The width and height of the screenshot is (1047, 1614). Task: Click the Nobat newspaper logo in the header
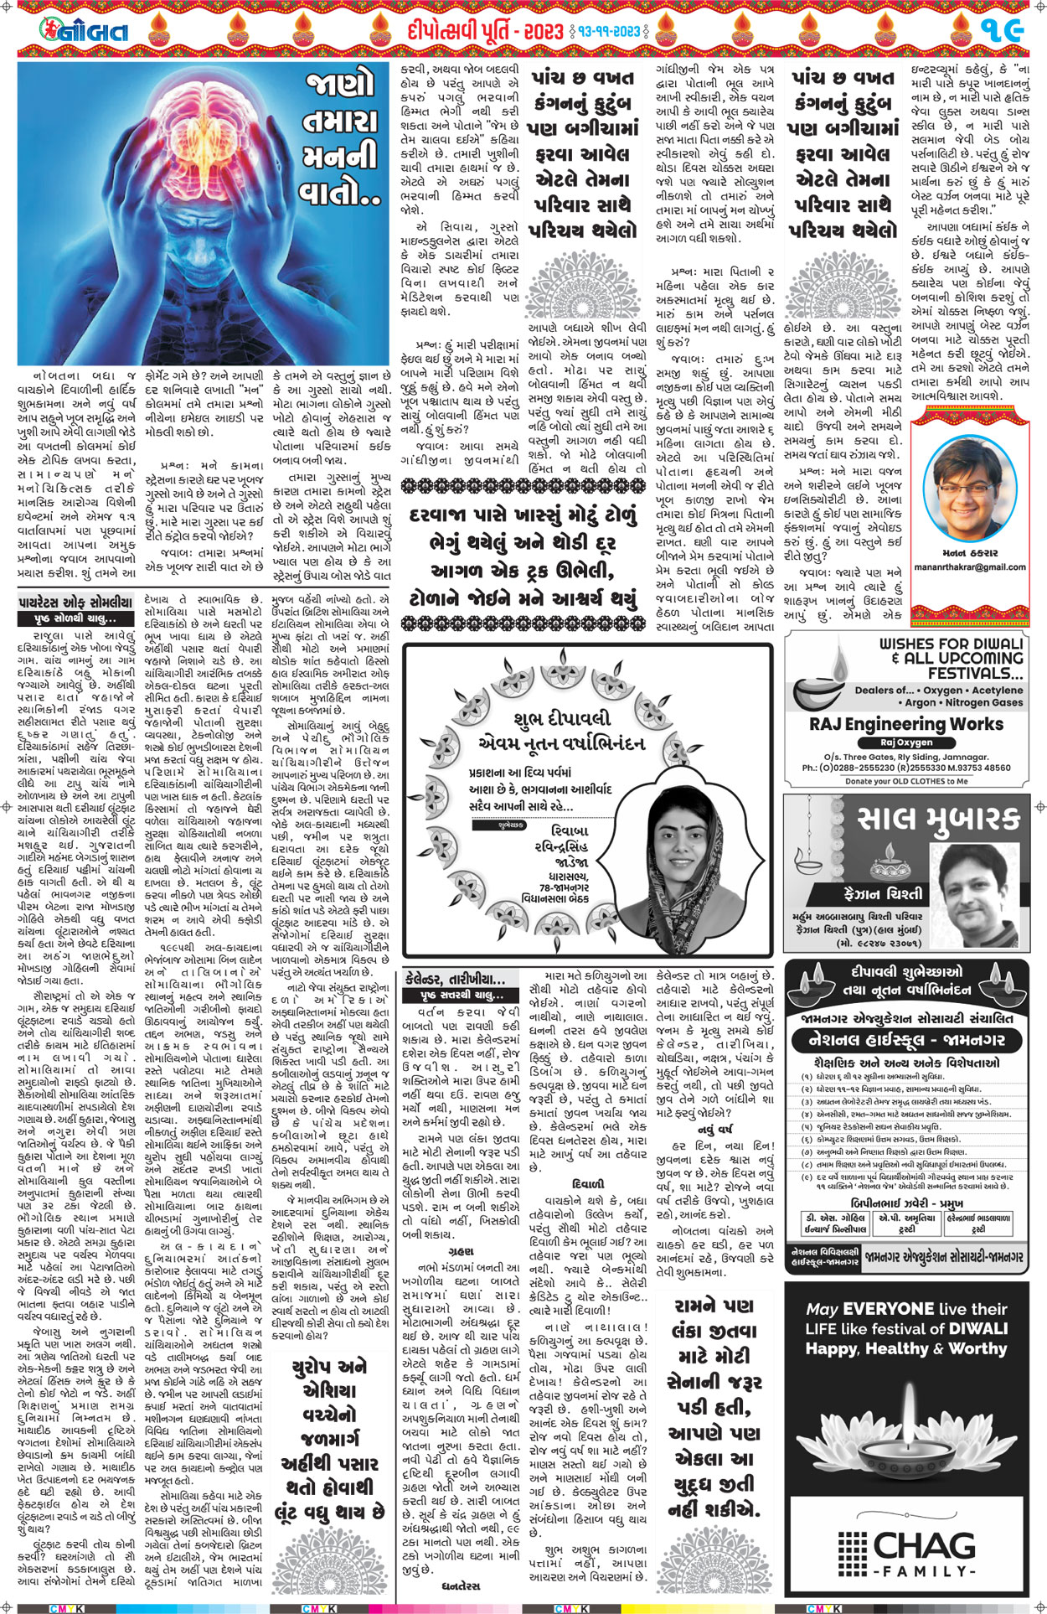point(85,31)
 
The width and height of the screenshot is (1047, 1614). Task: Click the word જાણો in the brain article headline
point(340,86)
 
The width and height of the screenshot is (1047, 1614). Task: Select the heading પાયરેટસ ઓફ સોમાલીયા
point(75,602)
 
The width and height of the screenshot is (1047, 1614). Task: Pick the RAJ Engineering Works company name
point(906,724)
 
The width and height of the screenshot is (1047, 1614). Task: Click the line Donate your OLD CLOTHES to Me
point(906,781)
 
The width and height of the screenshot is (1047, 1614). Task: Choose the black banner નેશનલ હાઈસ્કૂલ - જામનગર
point(905,1040)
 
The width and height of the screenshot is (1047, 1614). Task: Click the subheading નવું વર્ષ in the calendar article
point(714,1129)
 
